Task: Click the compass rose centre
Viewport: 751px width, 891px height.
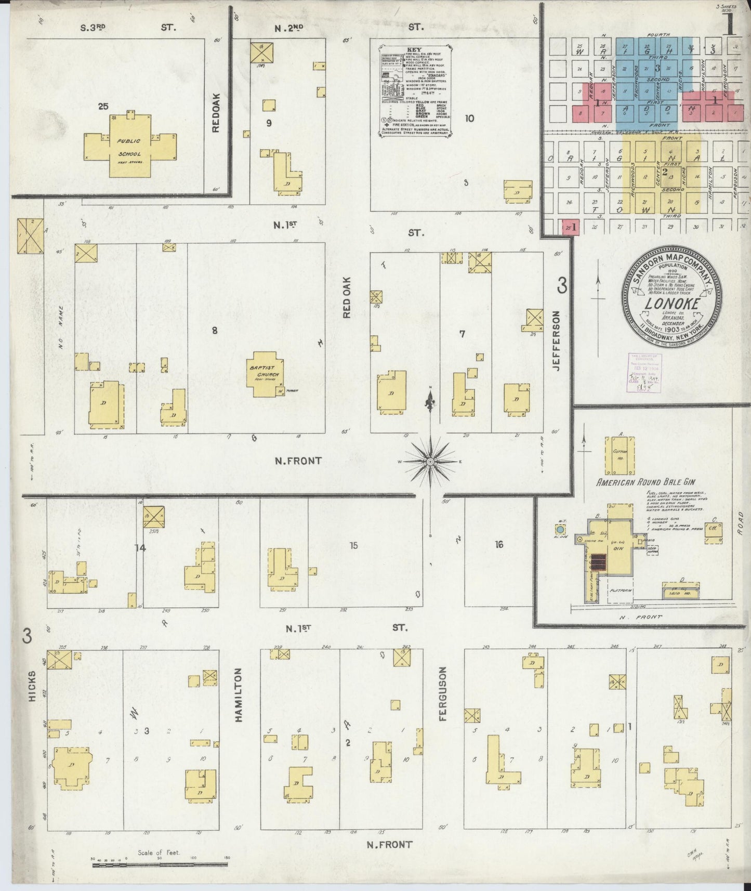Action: point(430,461)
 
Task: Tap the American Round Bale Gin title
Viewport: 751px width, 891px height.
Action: point(653,482)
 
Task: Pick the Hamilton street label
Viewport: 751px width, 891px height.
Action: point(239,695)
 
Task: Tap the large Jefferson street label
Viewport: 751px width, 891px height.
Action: point(557,340)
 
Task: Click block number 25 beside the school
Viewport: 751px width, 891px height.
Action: point(103,107)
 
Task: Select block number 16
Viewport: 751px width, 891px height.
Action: point(499,545)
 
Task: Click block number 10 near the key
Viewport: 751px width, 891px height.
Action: point(469,118)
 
